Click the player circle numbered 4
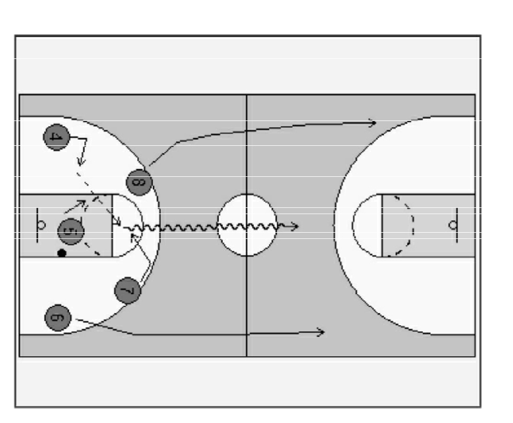point(56,137)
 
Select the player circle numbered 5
point(71,231)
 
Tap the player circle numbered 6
point(57,318)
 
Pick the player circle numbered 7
point(128,291)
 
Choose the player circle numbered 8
point(139,182)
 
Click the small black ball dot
point(62,253)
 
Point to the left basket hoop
point(41,225)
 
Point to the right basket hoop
point(453,225)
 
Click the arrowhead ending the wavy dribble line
point(295,226)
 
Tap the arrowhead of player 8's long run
point(373,123)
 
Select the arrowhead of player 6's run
point(321,332)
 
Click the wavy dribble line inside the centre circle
point(247,226)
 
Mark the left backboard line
point(37,225)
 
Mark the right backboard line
point(457,225)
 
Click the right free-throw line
point(382,225)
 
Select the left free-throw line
point(112,225)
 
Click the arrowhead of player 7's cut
point(134,237)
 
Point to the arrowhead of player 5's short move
point(82,204)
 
